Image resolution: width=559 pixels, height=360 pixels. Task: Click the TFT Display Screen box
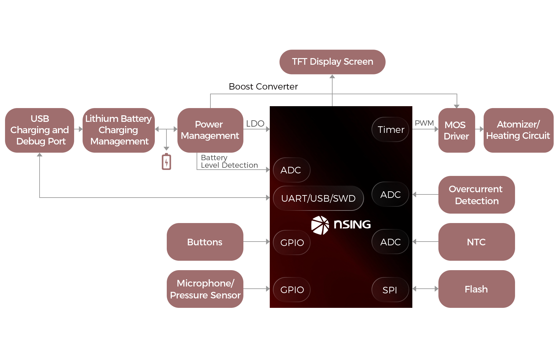332,62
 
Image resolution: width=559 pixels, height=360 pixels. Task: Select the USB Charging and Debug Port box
40,130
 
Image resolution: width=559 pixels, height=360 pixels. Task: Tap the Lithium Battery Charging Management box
119,130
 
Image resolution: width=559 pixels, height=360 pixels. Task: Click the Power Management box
210,130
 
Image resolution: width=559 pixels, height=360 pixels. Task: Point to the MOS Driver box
456,130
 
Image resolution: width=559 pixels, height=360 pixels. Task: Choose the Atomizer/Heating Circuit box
518,130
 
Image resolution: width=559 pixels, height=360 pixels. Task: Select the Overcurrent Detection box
476,195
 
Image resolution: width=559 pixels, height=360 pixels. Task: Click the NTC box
476,242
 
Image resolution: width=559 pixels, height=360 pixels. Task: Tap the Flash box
476,289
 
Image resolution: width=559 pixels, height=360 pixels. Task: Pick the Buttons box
205,242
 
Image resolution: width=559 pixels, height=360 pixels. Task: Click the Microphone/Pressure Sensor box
205,289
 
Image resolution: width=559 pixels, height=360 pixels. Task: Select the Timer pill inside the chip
390,129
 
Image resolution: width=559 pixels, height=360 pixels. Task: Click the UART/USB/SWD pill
318,198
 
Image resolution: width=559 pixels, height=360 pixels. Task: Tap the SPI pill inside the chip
390,290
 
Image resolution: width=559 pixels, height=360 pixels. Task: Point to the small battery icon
166,162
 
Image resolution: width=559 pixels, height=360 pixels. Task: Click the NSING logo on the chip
341,225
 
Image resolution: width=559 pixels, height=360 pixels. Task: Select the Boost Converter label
263,86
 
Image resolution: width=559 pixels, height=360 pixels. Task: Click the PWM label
424,123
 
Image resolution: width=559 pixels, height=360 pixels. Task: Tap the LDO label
255,123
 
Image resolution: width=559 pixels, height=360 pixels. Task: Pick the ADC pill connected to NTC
390,242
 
